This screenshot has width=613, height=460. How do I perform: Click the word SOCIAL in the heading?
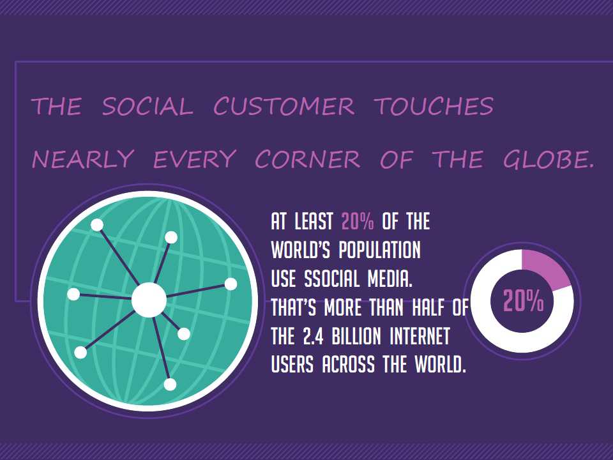[148, 107]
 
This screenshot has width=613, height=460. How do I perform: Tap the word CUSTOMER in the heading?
[284, 107]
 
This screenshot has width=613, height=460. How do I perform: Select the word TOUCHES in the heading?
[434, 107]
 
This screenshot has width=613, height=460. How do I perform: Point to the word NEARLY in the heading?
[83, 159]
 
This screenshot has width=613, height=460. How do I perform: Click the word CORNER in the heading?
[308, 159]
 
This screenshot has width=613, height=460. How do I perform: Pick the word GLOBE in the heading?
[545, 159]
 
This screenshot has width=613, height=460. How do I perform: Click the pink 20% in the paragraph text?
[358, 222]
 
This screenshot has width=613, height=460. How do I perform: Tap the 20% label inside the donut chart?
[523, 301]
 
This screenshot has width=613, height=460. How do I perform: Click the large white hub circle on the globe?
[149, 300]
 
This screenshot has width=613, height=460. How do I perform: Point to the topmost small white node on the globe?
[97, 225]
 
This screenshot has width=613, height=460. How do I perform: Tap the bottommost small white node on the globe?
[170, 385]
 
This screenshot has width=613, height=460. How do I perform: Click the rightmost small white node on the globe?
[231, 284]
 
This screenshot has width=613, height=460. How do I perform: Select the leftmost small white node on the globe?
[73, 294]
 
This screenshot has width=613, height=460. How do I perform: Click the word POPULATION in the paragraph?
[379, 250]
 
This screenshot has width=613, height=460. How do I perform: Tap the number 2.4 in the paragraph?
[313, 337]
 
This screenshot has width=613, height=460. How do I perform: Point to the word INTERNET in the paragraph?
[420, 337]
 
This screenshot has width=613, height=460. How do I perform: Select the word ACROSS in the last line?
[349, 365]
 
